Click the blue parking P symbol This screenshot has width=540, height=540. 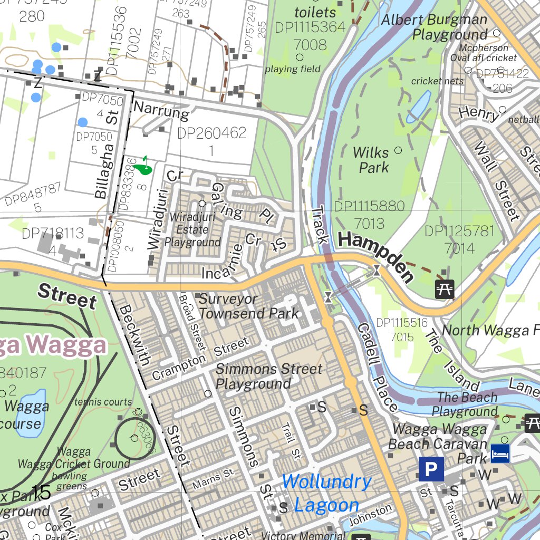tap(431, 469)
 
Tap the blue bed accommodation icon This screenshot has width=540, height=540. tap(500, 453)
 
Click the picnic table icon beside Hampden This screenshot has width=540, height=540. tap(444, 288)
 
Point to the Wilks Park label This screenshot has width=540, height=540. tap(371, 160)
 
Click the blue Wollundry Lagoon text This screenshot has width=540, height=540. tap(327, 494)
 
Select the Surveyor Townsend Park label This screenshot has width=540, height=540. tap(249, 306)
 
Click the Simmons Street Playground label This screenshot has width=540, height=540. tap(268, 377)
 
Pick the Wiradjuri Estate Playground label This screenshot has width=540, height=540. tap(191, 230)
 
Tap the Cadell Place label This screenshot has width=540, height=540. tap(377, 367)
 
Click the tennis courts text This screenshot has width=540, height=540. tap(103, 402)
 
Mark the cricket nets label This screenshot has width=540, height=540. tap(437, 81)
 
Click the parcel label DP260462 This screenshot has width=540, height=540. tap(211, 133)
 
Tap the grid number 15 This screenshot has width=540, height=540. tap(41, 493)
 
